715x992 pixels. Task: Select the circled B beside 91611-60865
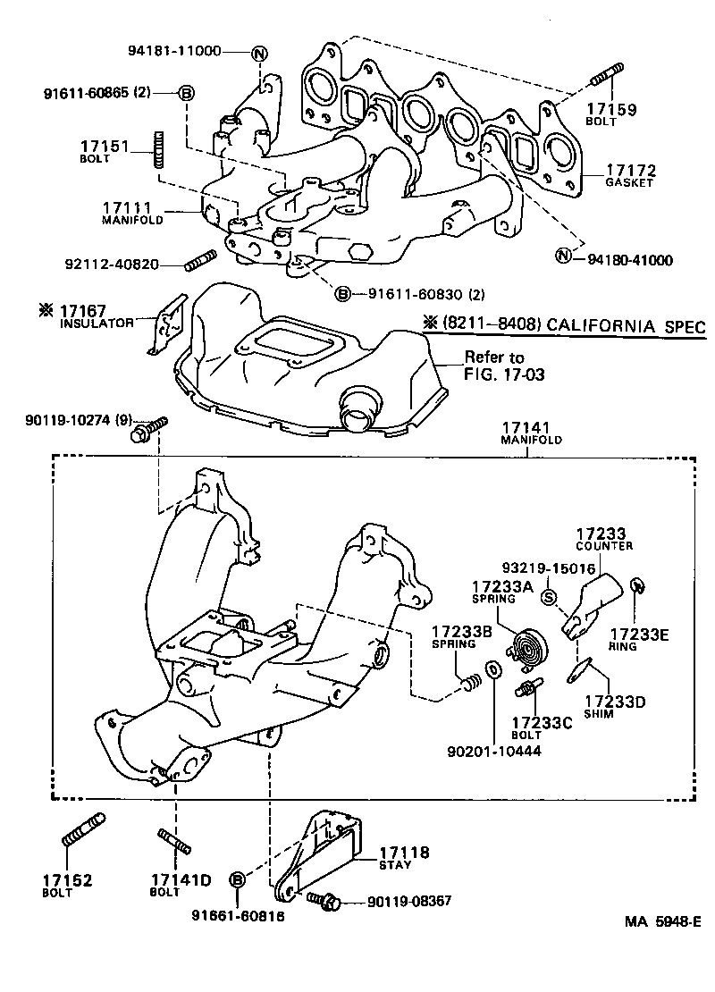coord(186,92)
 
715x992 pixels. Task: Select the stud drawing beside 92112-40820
coord(197,262)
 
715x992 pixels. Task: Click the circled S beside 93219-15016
coord(550,597)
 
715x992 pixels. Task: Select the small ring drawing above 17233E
coord(638,584)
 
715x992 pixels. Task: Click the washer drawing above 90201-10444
coord(492,669)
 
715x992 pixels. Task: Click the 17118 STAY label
coord(404,857)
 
